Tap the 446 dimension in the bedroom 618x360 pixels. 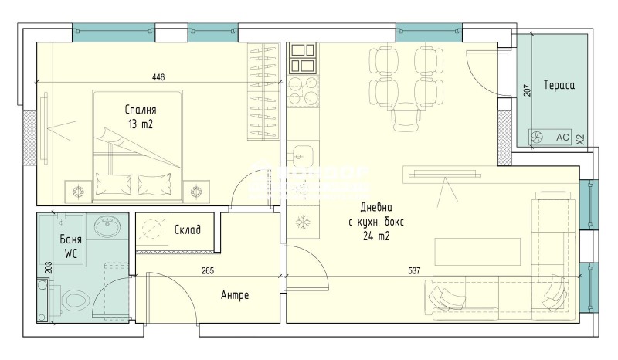point(158,76)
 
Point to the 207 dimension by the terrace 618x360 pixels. point(527,89)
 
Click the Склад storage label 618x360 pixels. point(188,229)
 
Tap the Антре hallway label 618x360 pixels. point(235,295)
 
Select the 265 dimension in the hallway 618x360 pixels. point(207,271)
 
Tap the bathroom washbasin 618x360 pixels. point(106,227)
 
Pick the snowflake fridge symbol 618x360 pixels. point(301,222)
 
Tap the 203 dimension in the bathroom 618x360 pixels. point(49,268)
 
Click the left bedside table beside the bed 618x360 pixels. point(78,189)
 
